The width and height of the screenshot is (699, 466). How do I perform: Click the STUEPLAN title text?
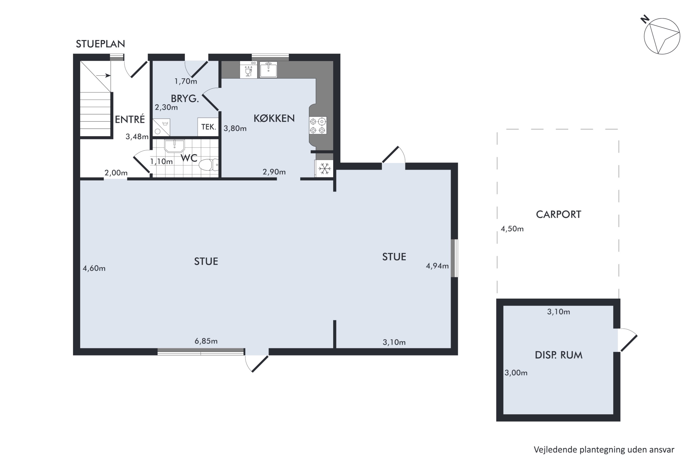click(x=100, y=44)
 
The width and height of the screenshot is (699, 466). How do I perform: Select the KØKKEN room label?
click(x=274, y=118)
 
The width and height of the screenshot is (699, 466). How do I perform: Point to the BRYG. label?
click(x=185, y=98)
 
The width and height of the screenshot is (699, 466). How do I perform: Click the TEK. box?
click(x=208, y=127)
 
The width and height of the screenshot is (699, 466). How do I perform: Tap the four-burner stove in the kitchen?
click(x=318, y=125)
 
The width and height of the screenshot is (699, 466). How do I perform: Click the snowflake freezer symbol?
click(x=325, y=168)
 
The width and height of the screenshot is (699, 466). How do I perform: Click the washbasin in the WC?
click(x=175, y=146)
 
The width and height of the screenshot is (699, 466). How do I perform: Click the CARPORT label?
click(x=559, y=215)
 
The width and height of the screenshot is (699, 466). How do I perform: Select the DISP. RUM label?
click(x=559, y=355)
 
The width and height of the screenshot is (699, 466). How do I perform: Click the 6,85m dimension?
click(x=206, y=341)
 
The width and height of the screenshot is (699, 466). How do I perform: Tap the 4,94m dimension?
click(x=437, y=266)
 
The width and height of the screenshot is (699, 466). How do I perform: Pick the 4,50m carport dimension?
click(x=512, y=229)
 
